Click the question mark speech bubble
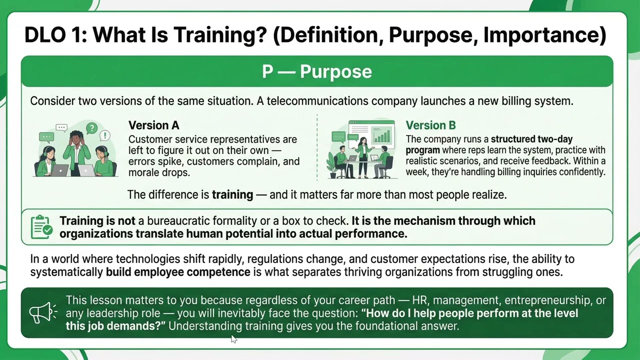[x=91, y=128]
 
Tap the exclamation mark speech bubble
[x=105, y=135]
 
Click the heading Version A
[x=153, y=125]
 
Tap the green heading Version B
[x=430, y=125]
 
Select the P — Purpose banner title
[x=317, y=71]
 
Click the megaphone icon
[x=42, y=312]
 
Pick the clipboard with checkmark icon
[x=41, y=227]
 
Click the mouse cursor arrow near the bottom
[x=233, y=339]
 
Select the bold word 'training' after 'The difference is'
[x=232, y=194]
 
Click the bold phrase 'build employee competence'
[x=178, y=272]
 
